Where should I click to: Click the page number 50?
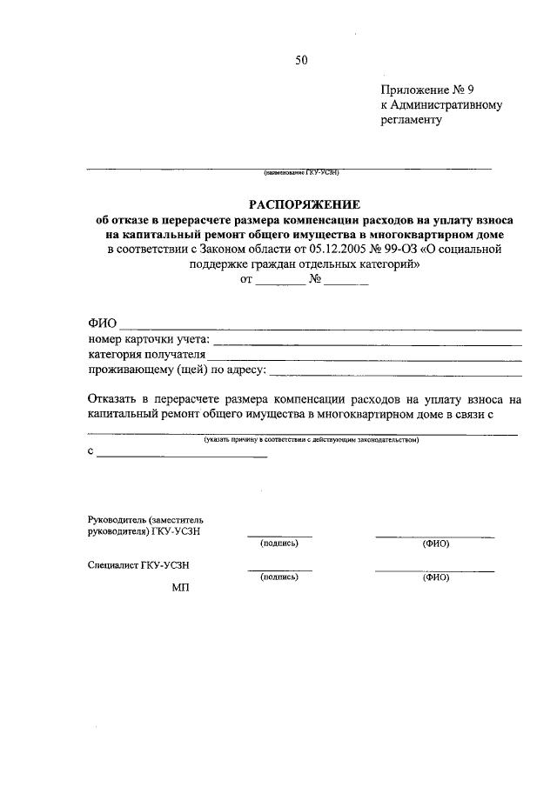tap(301, 60)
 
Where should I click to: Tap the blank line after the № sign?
tap(347, 283)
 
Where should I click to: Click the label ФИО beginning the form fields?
tap(102, 324)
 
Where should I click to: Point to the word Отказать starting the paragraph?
tap(111, 400)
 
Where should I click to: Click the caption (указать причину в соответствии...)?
tap(312, 440)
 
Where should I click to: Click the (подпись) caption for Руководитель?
tap(278, 544)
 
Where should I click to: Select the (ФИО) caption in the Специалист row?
tap(434, 577)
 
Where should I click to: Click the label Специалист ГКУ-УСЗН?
tap(139, 564)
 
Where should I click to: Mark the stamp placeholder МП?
tap(180, 587)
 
